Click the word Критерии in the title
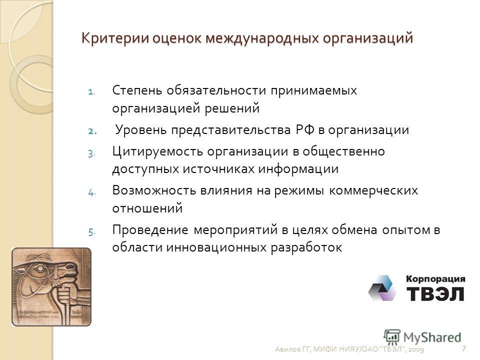click(x=115, y=38)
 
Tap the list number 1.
click(x=91, y=92)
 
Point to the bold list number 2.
click(x=92, y=131)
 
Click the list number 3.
click(x=91, y=153)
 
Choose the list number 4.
click(x=92, y=192)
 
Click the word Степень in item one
click(x=137, y=90)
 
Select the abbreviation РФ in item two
click(x=305, y=130)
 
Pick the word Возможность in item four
click(x=154, y=190)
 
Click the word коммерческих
click(x=373, y=191)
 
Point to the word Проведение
click(x=150, y=230)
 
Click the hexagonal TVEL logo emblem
click(x=382, y=288)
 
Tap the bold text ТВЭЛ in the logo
click(x=435, y=293)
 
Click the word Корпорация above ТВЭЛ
click(x=435, y=279)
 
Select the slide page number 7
click(x=464, y=348)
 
